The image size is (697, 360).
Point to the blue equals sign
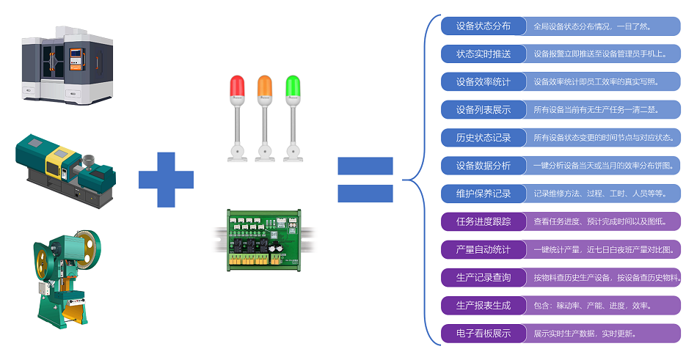(365, 179)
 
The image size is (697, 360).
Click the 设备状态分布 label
(483, 26)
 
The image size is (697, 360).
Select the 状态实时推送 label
(483, 54)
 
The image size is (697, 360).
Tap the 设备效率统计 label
(483, 81)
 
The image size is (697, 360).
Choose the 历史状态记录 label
(483, 138)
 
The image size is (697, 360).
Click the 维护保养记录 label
(483, 194)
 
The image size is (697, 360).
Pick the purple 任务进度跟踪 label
(483, 221)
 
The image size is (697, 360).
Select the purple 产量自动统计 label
(483, 249)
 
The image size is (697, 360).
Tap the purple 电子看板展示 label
(483, 334)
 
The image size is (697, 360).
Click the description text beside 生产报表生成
(592, 306)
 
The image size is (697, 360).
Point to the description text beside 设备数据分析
(603, 166)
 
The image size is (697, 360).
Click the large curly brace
(420, 179)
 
